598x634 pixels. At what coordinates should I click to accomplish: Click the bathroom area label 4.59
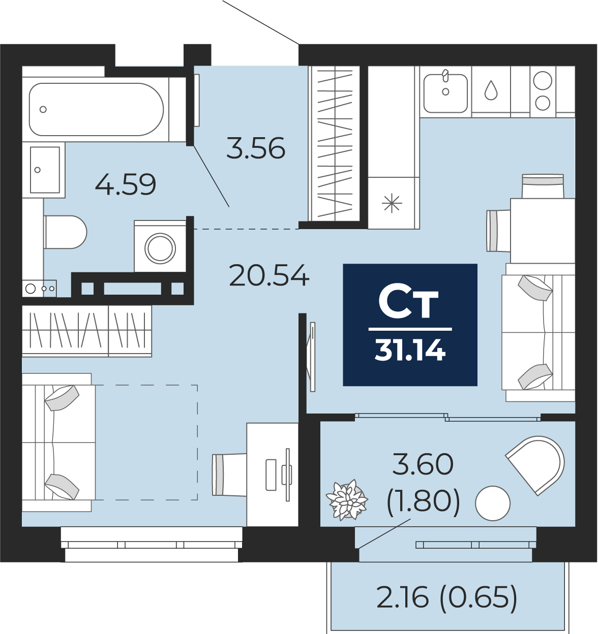(126, 184)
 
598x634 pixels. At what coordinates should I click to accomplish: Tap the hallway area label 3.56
(256, 148)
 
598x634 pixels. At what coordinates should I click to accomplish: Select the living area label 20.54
(269, 275)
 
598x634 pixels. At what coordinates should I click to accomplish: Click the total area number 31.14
(410, 350)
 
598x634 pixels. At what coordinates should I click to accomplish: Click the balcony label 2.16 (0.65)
(447, 597)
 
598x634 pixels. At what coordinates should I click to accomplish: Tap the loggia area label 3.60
(423, 464)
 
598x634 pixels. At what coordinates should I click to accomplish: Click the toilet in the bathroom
(65, 232)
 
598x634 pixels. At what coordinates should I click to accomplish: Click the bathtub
(96, 110)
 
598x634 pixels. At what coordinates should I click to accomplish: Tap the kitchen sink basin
(445, 93)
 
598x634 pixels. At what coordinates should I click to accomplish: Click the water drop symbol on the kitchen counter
(491, 90)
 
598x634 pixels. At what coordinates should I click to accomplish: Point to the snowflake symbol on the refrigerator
(392, 204)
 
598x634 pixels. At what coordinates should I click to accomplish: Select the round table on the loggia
(493, 503)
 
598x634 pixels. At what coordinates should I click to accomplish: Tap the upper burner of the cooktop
(543, 81)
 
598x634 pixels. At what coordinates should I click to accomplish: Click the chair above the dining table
(543, 186)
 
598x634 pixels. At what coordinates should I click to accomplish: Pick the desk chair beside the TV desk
(229, 474)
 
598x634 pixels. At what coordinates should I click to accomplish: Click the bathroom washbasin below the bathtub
(45, 170)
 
